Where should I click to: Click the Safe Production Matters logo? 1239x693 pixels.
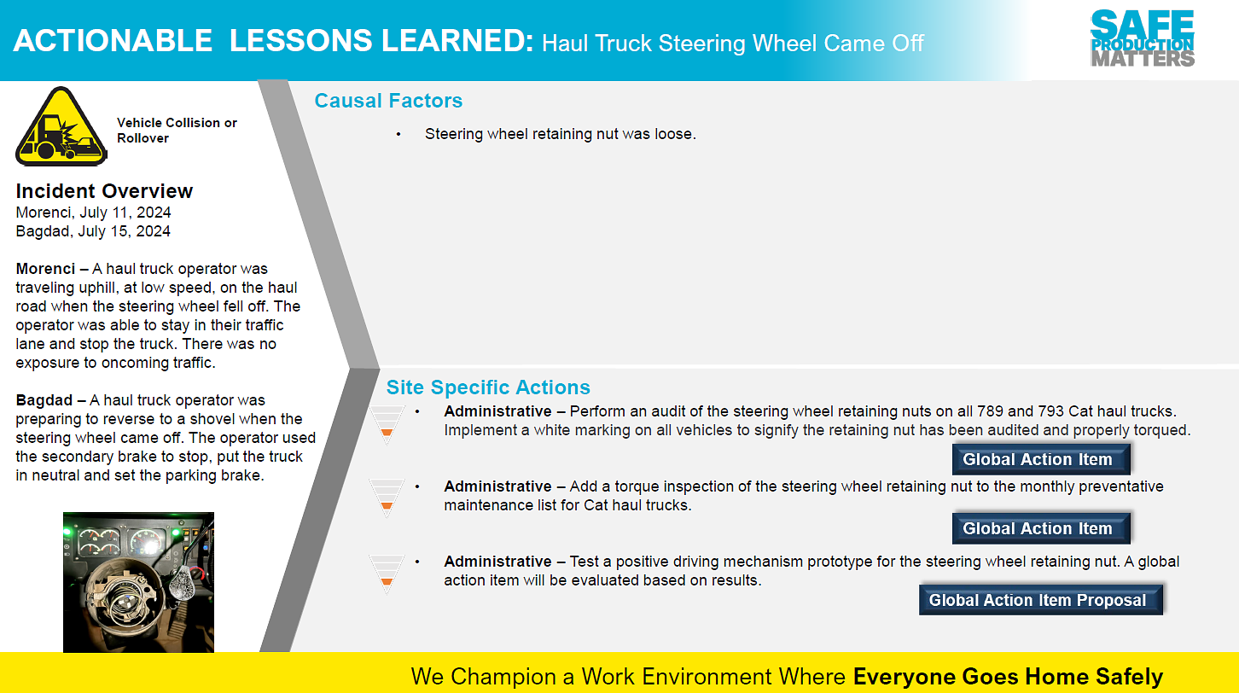coord(1143,38)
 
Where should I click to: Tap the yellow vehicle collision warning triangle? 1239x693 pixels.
coord(61,126)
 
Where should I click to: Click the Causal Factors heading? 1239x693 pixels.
coord(388,101)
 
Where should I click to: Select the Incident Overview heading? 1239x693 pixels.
coord(104,191)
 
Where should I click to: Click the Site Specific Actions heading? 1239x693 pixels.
coord(488,387)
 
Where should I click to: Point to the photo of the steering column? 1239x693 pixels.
coord(138,582)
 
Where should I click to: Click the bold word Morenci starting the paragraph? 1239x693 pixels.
coord(45,269)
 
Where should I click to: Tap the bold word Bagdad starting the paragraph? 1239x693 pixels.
coord(44,400)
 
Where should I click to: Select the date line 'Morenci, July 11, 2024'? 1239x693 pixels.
coord(94,213)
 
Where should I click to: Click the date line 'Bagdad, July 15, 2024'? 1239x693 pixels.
coord(93,232)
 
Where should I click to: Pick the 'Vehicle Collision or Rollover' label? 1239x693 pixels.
coord(177,131)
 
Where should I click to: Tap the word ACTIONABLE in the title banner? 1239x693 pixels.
coord(113,41)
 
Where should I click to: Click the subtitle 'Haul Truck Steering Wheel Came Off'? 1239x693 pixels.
coord(733,44)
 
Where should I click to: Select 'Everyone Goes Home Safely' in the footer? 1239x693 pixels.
coord(1008,677)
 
